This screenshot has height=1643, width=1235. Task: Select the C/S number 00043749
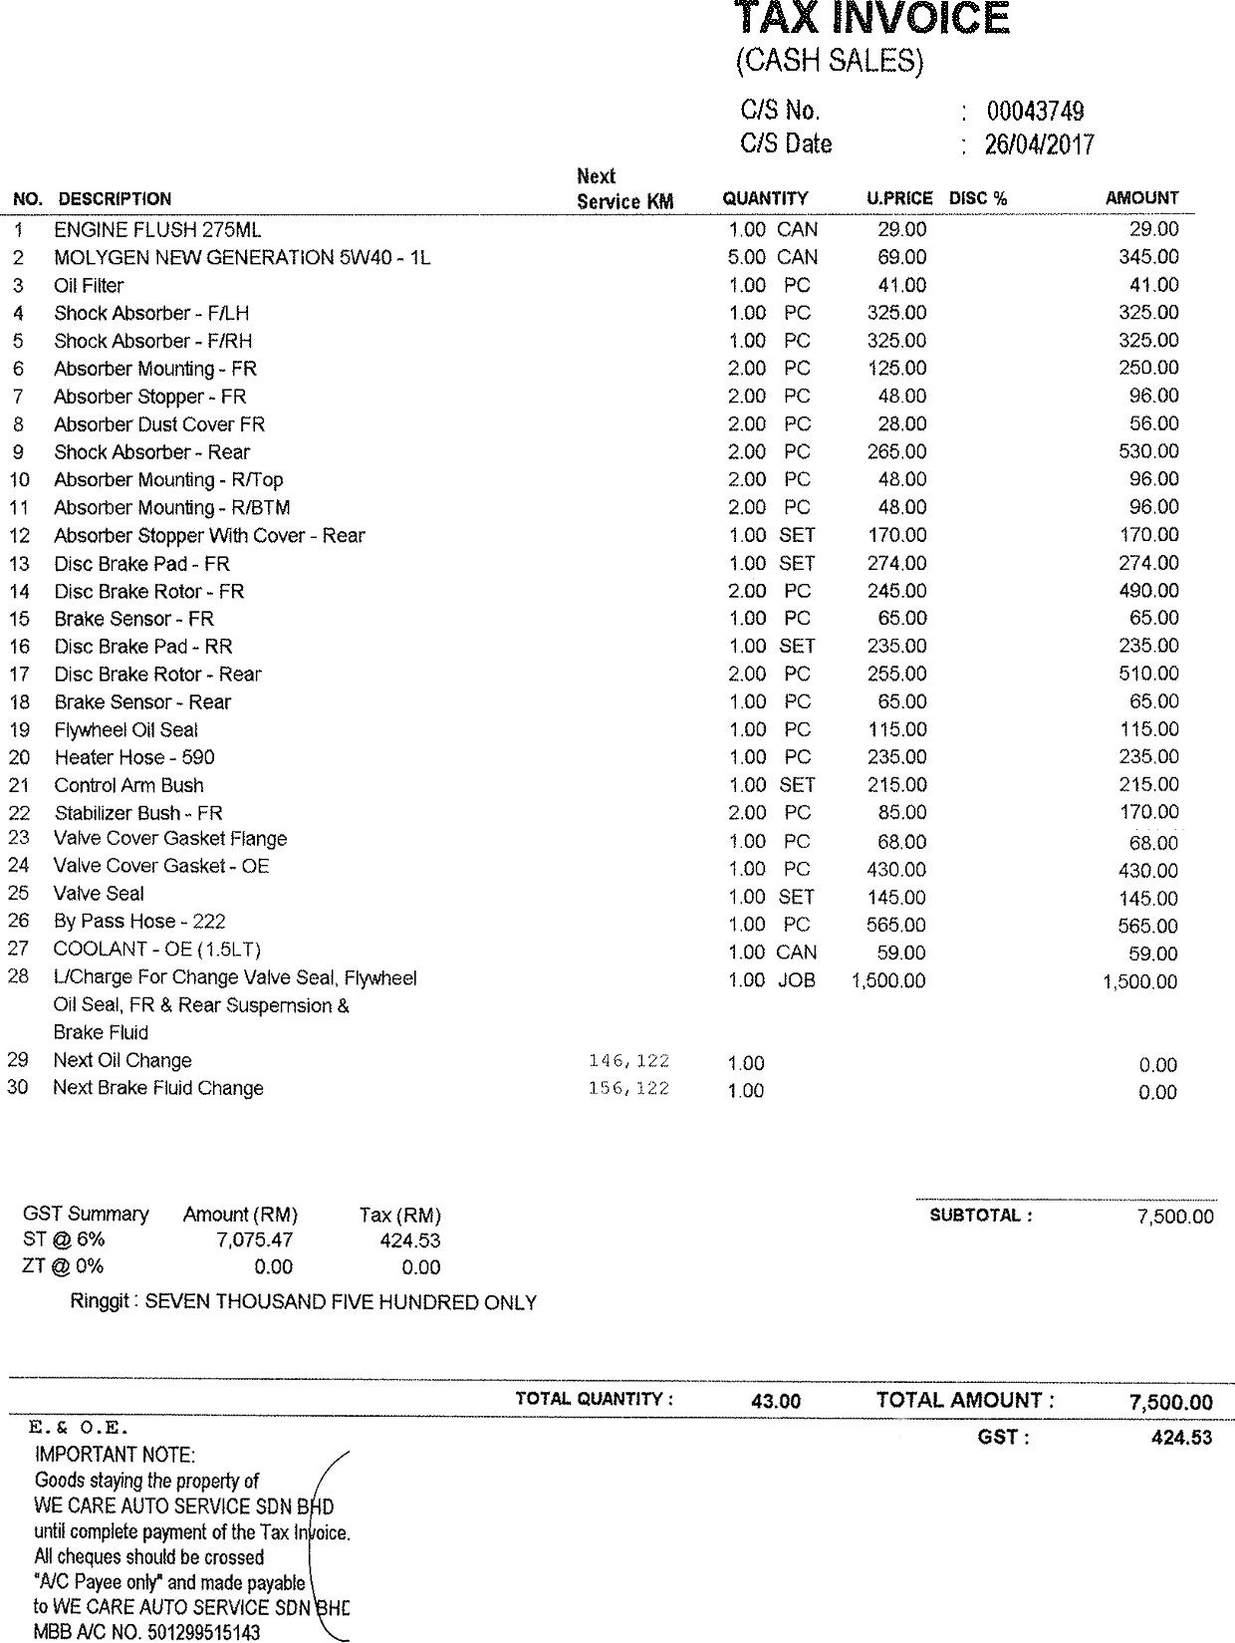(1035, 112)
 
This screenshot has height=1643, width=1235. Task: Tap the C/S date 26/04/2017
(1039, 145)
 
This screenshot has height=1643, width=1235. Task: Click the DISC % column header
(978, 198)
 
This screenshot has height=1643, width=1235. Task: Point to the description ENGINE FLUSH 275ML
(157, 230)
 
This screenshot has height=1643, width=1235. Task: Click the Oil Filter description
(89, 286)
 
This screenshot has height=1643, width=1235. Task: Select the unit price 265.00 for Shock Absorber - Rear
(896, 452)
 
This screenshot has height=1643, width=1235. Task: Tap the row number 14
(20, 592)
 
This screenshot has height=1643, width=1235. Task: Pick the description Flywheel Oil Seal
(126, 730)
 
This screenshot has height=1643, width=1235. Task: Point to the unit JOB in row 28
(796, 980)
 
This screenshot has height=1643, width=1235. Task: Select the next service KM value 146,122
(629, 1061)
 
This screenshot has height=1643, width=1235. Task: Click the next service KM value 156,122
(629, 1089)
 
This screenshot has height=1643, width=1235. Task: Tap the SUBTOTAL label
(980, 1216)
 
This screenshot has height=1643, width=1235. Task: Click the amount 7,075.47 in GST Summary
(254, 1241)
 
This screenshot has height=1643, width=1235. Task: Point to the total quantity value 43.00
(776, 1401)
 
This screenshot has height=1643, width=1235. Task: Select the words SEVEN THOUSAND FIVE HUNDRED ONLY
(341, 1302)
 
